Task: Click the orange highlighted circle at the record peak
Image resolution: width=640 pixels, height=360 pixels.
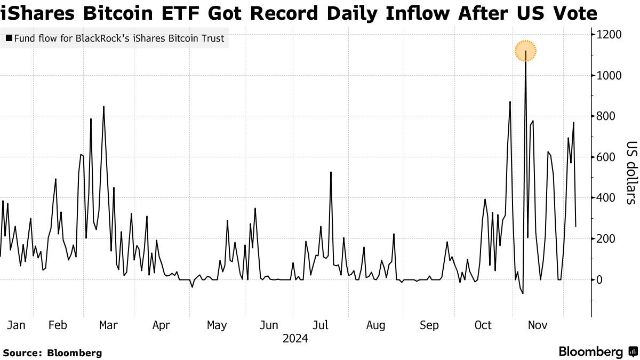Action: point(525,51)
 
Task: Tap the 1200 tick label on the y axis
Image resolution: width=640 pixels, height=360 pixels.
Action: point(610,35)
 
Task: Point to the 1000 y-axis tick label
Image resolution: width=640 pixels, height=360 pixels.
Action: point(610,76)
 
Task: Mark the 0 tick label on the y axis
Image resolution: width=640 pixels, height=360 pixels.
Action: point(601,279)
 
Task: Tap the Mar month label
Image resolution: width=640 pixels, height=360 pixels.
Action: point(108,325)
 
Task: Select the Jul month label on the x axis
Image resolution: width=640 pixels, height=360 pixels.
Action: point(320,325)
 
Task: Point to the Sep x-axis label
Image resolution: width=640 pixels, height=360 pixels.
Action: point(429,325)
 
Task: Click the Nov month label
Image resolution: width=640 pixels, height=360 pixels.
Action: point(538,325)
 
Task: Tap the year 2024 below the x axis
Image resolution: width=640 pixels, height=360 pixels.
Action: point(295,338)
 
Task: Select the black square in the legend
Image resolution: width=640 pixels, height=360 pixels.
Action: point(9,38)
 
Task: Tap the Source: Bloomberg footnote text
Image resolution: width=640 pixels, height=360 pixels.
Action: point(52,353)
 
